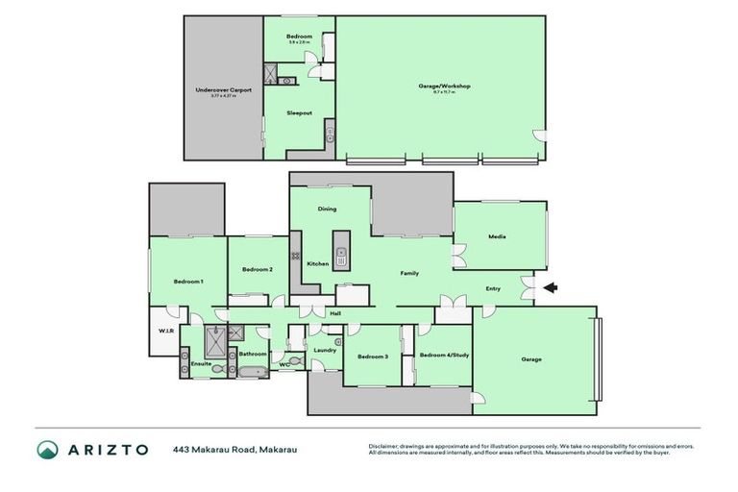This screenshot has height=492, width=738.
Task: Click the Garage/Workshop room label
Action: [x=444, y=86]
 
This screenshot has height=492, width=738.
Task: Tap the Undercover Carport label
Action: [x=223, y=89]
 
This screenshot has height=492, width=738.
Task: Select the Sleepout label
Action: [x=299, y=112]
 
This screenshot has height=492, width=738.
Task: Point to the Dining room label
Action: [x=327, y=209]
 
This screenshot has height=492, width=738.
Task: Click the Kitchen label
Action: [x=318, y=263]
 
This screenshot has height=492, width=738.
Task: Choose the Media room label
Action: [x=497, y=236]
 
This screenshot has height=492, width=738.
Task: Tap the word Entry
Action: [x=493, y=288]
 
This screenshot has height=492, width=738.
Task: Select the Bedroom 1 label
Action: [x=187, y=281]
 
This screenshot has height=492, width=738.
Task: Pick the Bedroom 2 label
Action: [x=258, y=269]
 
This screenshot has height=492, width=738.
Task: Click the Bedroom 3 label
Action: [x=372, y=357]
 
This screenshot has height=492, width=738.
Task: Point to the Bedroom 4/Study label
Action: [x=443, y=357]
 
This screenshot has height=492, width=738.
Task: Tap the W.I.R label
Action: [x=163, y=332]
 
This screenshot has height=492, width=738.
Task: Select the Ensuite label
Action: [x=201, y=363]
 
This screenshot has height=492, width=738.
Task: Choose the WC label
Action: [x=284, y=364]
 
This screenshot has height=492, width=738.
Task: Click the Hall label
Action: [x=335, y=313]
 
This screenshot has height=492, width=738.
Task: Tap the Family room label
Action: [x=409, y=274]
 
